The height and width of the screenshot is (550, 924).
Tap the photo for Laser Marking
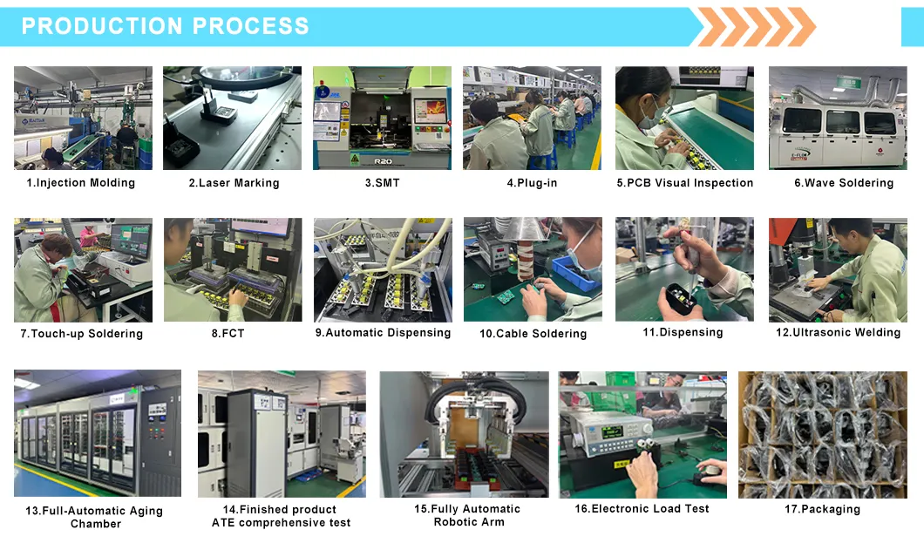233,118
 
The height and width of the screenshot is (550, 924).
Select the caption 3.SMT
382,183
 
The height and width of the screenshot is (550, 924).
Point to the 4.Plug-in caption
532,183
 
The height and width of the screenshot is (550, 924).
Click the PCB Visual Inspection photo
684,118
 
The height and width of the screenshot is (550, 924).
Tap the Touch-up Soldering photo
83,269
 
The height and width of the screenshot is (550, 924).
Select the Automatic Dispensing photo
383,269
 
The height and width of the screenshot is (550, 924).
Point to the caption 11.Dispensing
683,332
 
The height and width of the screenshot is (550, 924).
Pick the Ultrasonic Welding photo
838,269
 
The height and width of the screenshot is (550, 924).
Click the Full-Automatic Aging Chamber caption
94,517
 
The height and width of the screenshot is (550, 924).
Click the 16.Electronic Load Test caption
642,508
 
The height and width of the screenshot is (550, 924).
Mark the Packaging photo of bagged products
822,434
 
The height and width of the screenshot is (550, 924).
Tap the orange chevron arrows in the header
755,26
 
